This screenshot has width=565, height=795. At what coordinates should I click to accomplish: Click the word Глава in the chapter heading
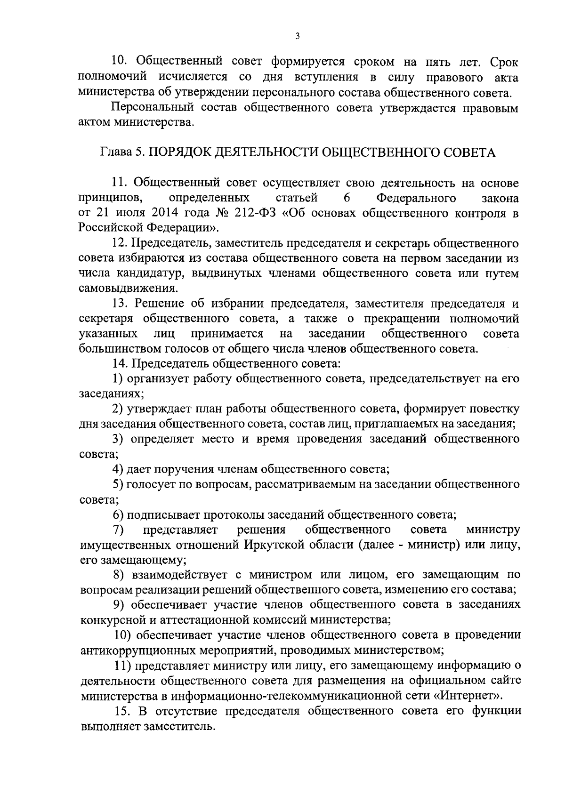click(114, 153)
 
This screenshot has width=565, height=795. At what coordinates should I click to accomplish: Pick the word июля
click(131, 213)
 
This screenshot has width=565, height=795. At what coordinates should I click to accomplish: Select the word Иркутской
click(274, 545)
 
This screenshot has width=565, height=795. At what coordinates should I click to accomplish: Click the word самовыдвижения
click(128, 288)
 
